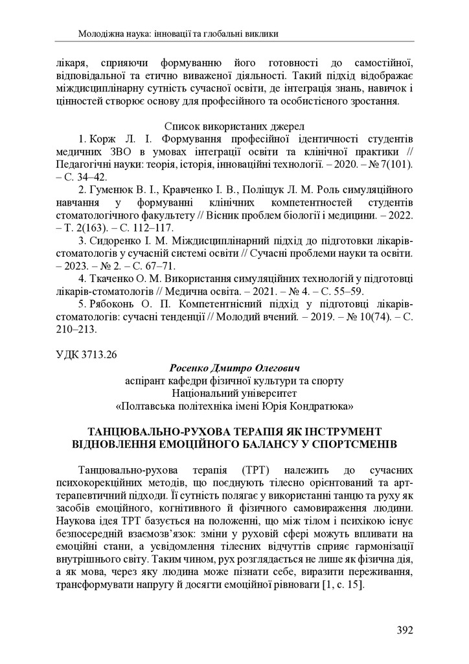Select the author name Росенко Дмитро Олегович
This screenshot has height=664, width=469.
tap(234, 368)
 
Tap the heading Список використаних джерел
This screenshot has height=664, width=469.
tap(234, 126)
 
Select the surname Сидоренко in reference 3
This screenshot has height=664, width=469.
tap(114, 238)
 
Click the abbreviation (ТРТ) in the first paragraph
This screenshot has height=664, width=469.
tap(259, 468)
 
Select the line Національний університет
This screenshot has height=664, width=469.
tap(234, 393)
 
